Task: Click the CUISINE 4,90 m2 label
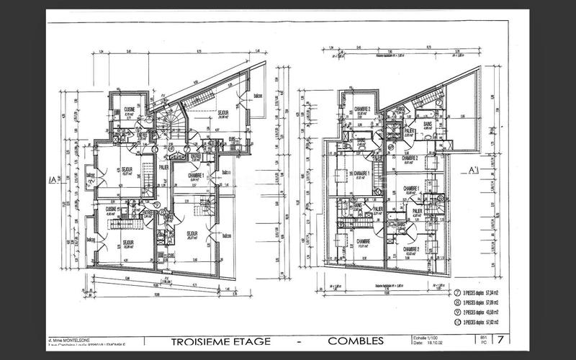[x=112, y=212]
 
